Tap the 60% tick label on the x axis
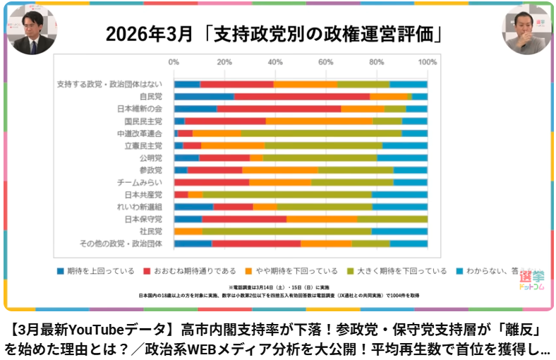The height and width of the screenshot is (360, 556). (x=325, y=62)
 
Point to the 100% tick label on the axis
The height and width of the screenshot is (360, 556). (x=427, y=62)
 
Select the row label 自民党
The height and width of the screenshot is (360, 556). (x=150, y=96)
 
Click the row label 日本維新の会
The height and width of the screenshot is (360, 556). (x=140, y=109)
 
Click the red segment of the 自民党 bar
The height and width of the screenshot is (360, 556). (x=301, y=96)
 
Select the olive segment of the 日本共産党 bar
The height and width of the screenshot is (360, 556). (x=287, y=195)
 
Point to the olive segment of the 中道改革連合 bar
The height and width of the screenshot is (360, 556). (x=321, y=133)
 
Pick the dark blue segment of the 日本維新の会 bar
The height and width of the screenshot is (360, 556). (x=195, y=109)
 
